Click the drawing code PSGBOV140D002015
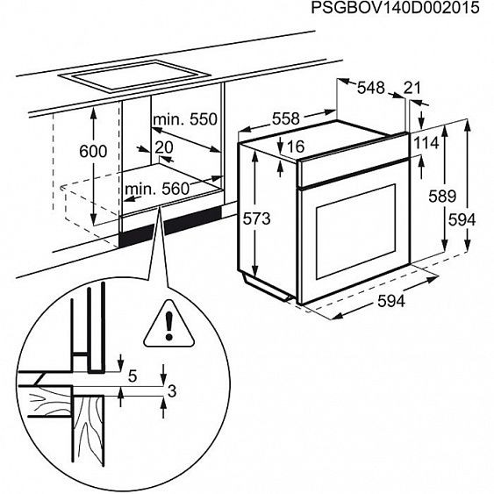(x=394, y=9)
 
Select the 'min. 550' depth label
(x=184, y=119)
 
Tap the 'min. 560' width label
(x=157, y=188)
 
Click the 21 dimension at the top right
(x=413, y=88)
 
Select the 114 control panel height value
(x=426, y=143)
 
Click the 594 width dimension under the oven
(x=390, y=302)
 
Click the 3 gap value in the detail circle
(x=173, y=390)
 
